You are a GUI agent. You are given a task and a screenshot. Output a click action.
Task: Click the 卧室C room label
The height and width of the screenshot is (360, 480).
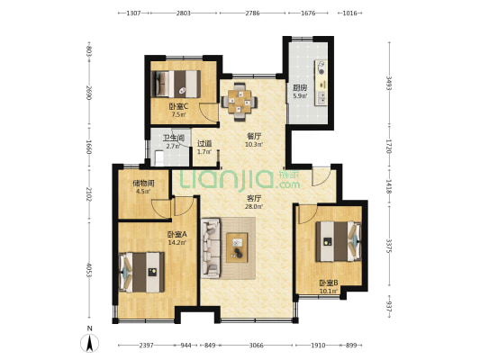tap(178, 107)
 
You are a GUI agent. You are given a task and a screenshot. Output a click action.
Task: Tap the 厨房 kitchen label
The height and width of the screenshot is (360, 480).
tap(300, 88)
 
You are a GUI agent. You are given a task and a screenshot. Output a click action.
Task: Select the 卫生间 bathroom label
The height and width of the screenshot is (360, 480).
tap(174, 139)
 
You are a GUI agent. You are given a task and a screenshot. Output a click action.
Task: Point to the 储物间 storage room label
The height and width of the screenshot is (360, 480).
tap(143, 184)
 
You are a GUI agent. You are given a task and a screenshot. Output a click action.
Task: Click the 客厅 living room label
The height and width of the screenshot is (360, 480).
tap(253, 198)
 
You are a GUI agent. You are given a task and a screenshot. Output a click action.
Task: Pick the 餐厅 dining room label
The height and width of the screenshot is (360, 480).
tap(254, 136)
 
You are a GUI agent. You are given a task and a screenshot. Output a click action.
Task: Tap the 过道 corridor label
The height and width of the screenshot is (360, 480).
tap(204, 143)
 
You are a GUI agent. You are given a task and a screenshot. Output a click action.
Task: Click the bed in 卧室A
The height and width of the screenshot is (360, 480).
tap(141, 272)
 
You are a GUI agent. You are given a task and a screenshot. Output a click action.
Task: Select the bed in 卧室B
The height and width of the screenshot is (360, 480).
tap(339, 241)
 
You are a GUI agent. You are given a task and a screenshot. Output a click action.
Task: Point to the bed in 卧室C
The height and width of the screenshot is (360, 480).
tap(176, 84)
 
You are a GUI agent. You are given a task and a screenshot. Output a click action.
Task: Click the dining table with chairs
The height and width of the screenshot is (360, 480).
tap(240, 102)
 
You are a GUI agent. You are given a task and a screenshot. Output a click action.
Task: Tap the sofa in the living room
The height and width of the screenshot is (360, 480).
tap(211, 248)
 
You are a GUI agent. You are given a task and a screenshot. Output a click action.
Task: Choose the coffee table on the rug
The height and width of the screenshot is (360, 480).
tap(237, 247)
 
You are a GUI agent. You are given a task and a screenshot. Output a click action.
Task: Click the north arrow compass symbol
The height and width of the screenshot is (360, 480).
tap(89, 343)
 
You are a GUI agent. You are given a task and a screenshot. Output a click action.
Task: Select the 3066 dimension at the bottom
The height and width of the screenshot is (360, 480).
tap(256, 346)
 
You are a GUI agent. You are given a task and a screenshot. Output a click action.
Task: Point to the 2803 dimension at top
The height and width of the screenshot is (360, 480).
tap(184, 13)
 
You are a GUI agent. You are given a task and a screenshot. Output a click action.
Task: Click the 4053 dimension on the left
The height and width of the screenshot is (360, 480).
tap(89, 270)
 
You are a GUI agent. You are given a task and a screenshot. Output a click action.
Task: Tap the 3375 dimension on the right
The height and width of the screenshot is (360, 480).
tap(389, 247)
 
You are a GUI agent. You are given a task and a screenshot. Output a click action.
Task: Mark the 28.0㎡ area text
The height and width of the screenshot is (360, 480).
tap(254, 206)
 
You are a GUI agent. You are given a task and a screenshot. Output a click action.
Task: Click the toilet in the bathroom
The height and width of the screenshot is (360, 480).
tap(159, 158)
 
